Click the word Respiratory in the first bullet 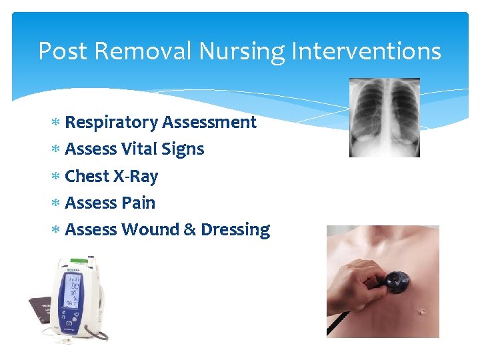point(111,123)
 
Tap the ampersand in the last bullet point(189,229)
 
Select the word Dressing point(235,229)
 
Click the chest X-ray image point(385,117)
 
